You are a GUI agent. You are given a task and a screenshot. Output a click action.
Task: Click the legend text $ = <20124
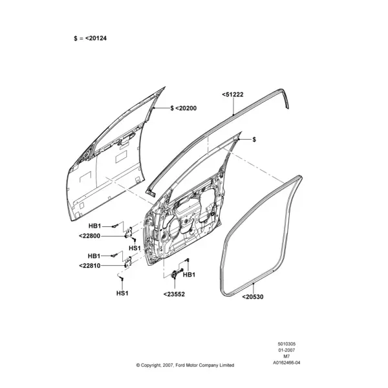90,38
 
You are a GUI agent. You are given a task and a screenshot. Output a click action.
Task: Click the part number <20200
186,109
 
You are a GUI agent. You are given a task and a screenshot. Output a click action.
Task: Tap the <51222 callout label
233,94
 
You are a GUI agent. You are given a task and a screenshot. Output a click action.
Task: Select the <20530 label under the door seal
253,297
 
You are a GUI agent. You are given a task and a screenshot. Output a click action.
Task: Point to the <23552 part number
174,294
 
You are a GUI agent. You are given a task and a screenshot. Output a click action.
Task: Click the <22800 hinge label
90,236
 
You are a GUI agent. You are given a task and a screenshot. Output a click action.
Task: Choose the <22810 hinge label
90,266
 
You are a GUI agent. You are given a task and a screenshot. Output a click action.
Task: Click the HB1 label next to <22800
95,226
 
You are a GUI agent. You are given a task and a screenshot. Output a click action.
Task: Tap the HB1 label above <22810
94,256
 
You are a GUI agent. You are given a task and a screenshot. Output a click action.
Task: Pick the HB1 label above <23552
189,275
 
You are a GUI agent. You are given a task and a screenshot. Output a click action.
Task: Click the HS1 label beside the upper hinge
135,248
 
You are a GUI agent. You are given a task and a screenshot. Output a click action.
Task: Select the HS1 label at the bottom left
122,293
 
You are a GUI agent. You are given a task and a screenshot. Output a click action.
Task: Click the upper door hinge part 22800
129,233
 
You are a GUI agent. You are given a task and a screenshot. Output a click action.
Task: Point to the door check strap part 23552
177,273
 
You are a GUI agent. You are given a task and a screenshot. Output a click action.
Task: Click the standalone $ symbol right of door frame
254,140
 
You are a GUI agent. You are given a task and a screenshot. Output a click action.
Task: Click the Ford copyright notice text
185,365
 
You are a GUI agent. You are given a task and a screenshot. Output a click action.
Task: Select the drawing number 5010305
286,344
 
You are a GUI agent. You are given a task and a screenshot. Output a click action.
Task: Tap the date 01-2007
286,350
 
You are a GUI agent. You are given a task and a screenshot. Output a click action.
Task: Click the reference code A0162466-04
286,363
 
